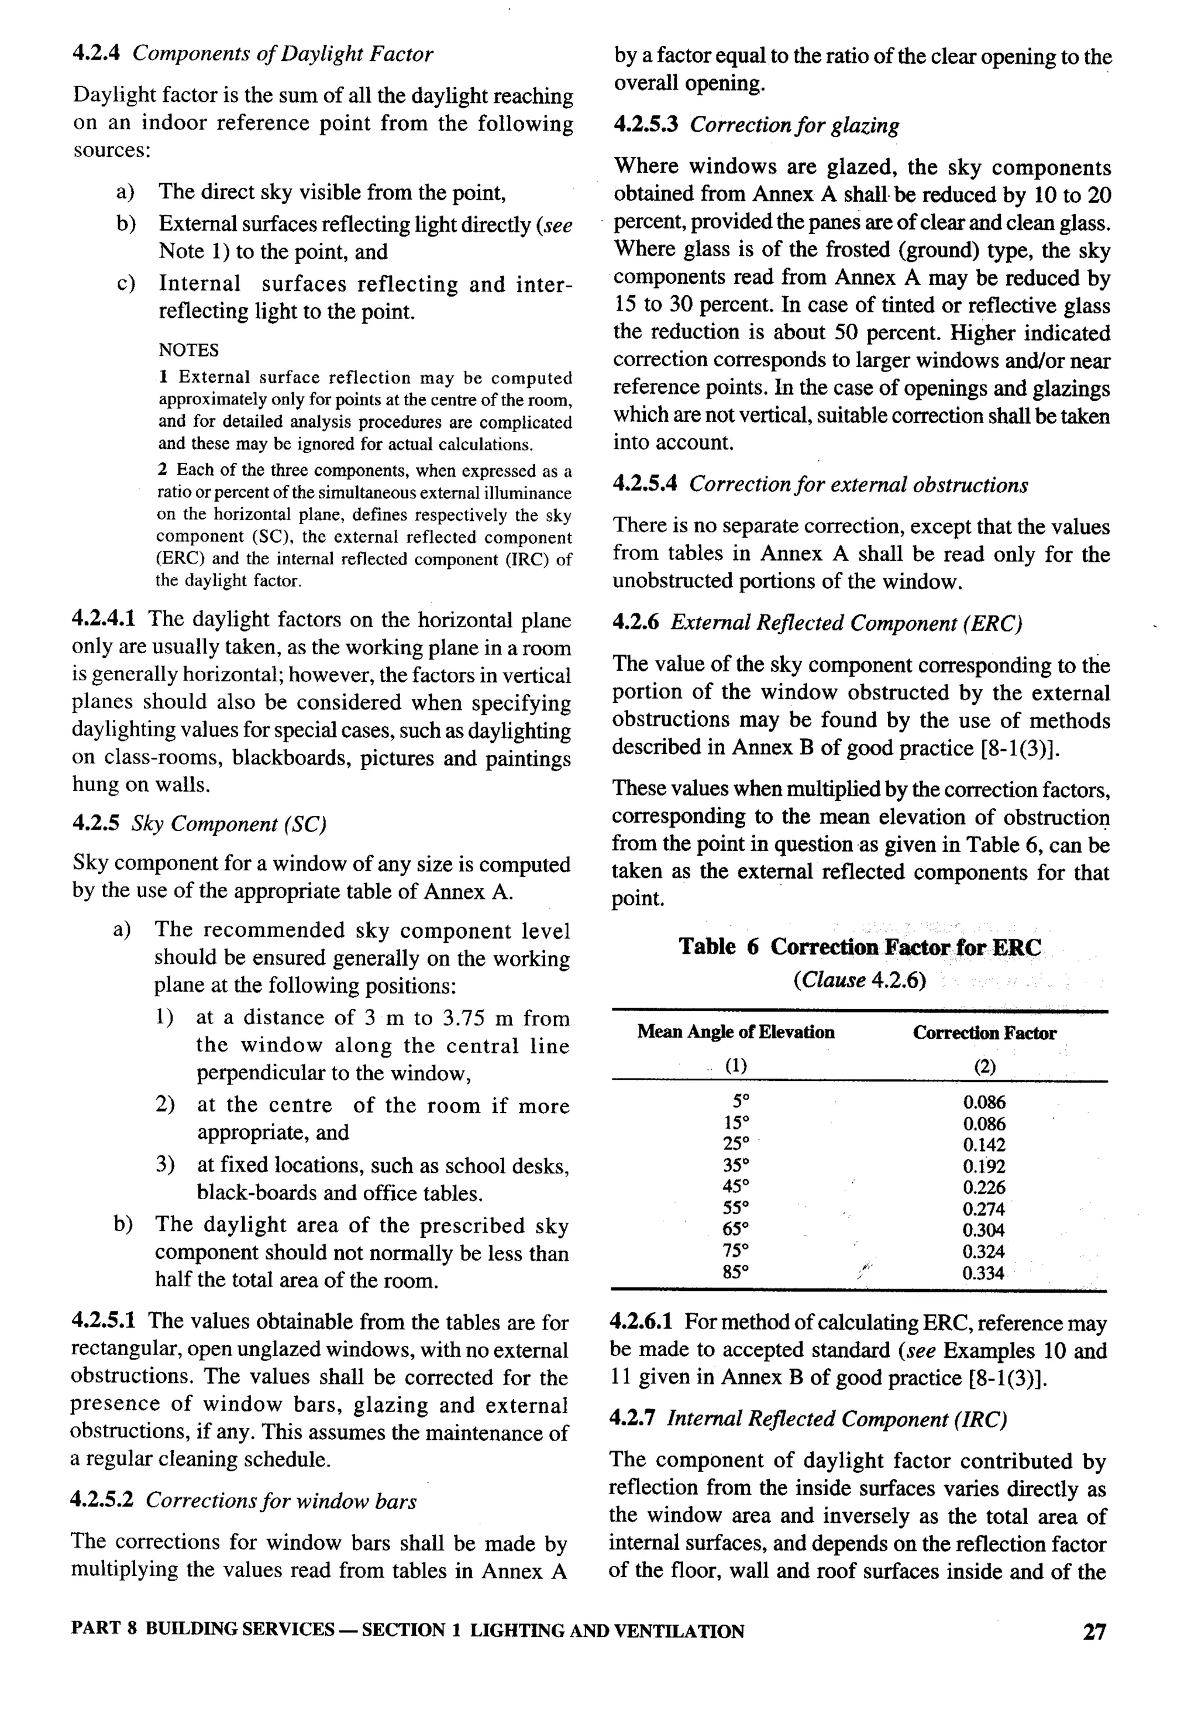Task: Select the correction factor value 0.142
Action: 983,1145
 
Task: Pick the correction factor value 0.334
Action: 983,1273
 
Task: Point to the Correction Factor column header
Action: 983,1033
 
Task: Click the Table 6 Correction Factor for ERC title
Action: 859,947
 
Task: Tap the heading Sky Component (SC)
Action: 229,824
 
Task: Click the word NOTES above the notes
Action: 188,350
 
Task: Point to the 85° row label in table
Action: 736,1272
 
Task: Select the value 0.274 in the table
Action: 983,1209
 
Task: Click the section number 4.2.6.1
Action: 641,1322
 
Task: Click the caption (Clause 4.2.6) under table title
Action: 859,980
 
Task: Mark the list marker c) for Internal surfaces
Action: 125,284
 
